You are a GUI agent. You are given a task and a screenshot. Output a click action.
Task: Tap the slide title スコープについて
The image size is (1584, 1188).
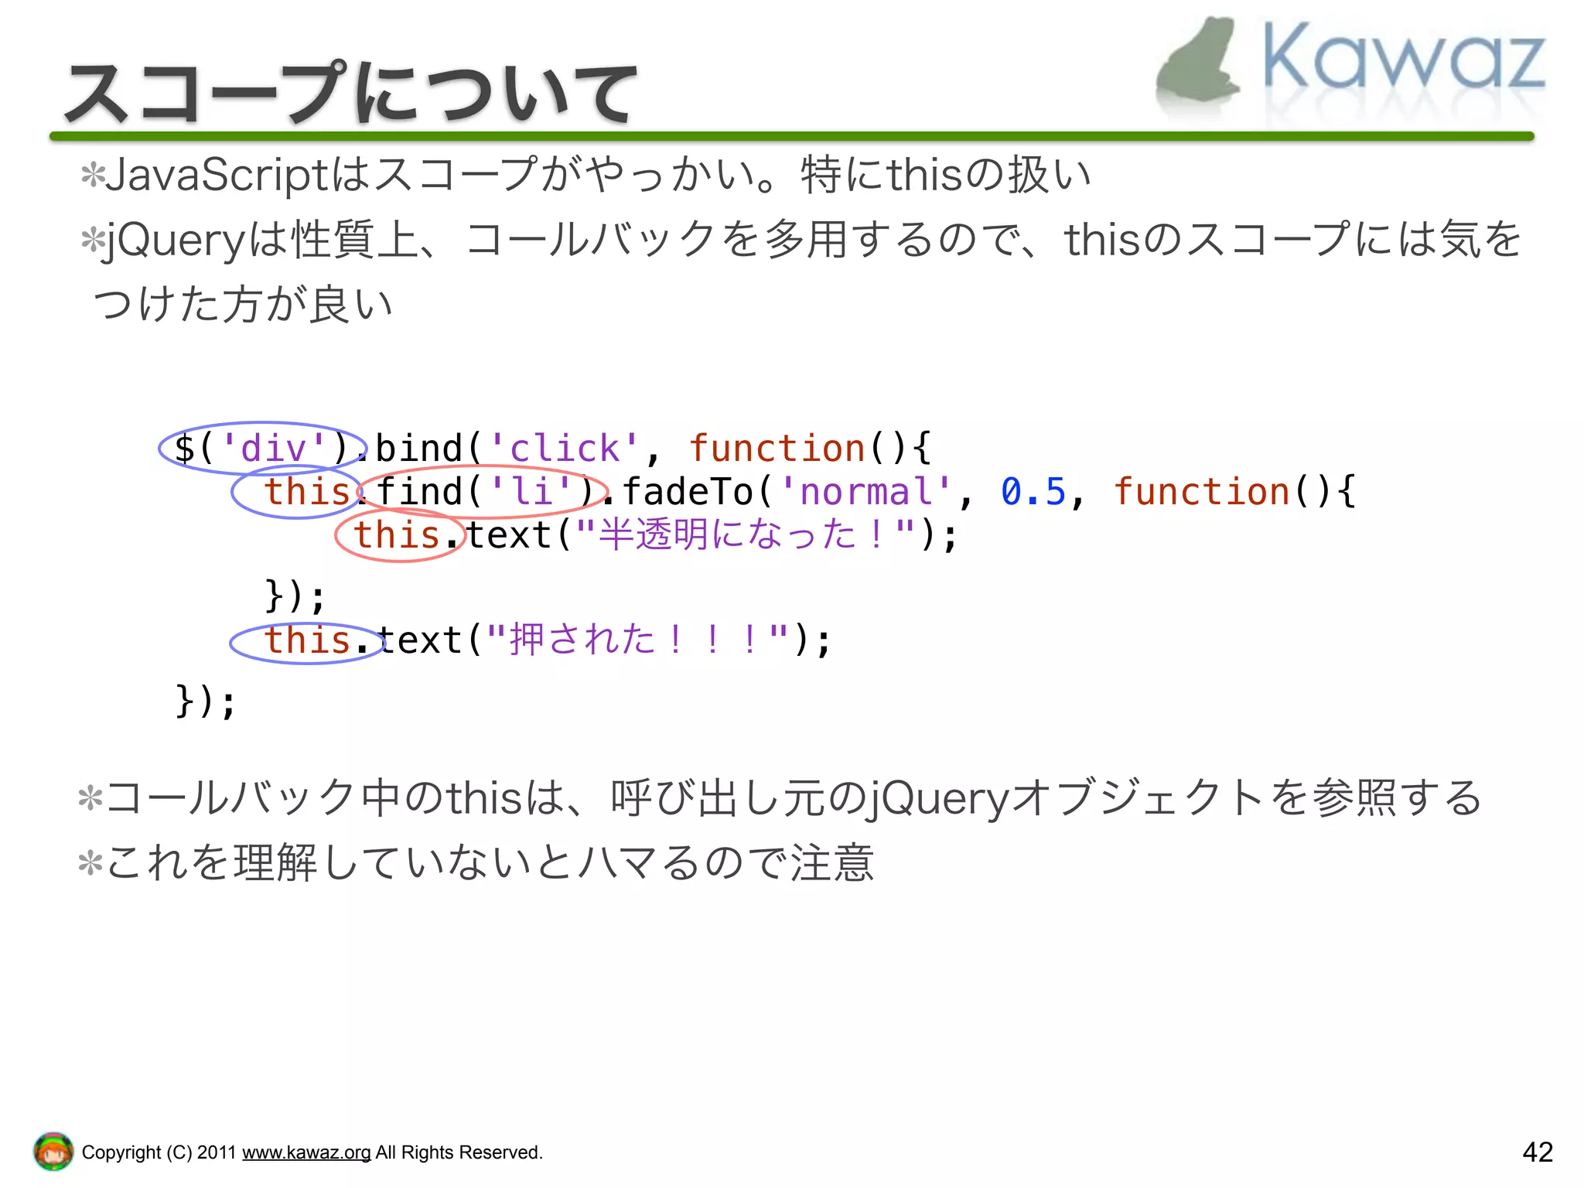click(x=352, y=94)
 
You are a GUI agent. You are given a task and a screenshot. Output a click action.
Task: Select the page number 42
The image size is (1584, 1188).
click(x=1537, y=1152)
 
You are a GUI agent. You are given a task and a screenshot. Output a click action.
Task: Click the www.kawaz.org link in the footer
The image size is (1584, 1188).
click(x=306, y=1152)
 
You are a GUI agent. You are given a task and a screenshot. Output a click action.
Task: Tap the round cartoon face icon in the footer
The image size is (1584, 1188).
click(x=53, y=1152)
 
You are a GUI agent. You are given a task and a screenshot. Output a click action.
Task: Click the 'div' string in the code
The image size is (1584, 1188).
click(x=274, y=449)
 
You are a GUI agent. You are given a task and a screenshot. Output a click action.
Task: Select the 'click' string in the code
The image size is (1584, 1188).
click(x=565, y=449)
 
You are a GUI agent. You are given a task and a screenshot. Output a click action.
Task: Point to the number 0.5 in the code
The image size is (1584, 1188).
click(x=1033, y=492)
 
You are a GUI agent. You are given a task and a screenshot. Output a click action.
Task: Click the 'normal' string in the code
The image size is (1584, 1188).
click(x=866, y=492)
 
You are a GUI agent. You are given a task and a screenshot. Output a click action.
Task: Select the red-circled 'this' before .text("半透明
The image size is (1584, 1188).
click(x=396, y=535)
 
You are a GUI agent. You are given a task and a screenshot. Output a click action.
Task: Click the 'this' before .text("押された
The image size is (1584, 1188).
click(x=307, y=640)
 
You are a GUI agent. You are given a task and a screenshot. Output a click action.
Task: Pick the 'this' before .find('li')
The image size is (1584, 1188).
click(x=307, y=492)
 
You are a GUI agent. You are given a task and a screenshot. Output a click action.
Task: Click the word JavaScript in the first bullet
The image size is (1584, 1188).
click(x=217, y=175)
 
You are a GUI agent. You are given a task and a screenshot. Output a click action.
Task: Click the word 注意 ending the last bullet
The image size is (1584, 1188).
click(x=832, y=863)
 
